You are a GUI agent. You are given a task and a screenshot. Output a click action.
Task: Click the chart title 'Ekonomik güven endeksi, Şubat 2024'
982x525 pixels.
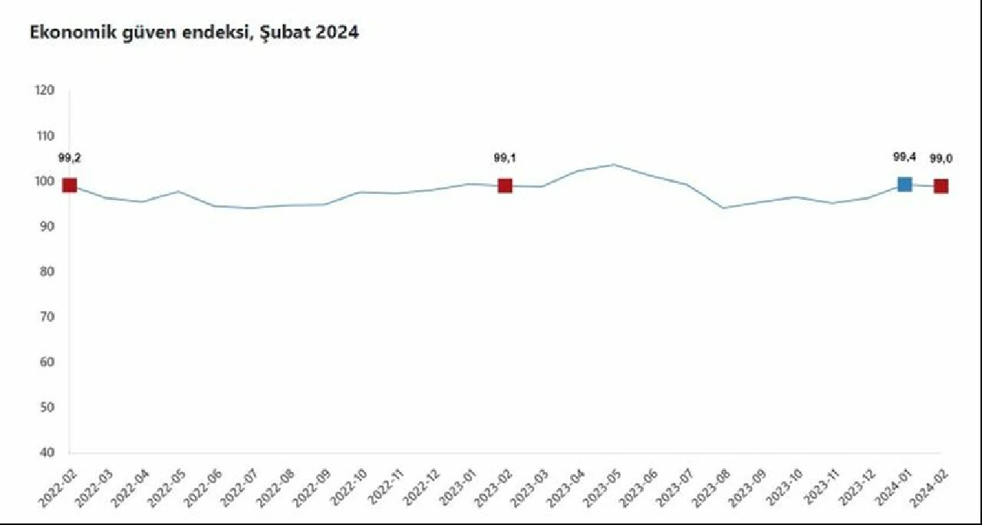194,33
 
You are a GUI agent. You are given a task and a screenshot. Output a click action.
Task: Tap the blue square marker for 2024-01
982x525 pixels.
905,184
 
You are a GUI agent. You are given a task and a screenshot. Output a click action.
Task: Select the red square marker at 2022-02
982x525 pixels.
70,185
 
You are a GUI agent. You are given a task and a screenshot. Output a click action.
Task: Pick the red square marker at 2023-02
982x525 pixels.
505,185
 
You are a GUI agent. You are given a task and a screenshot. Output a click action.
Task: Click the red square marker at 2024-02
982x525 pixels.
941,186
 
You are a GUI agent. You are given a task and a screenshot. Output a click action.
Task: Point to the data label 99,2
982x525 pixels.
70,158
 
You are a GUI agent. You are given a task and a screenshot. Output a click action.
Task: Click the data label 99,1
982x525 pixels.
504,158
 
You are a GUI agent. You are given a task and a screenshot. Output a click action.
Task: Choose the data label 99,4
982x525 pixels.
905,158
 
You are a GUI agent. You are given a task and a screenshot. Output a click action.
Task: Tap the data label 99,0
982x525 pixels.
941,159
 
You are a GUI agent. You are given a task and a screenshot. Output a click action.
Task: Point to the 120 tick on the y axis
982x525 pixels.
44,90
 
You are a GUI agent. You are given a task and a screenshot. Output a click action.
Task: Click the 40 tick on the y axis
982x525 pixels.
46,452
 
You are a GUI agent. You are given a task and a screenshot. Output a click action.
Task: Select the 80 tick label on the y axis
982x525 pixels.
46,271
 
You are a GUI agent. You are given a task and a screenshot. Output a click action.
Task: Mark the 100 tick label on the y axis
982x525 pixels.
44,181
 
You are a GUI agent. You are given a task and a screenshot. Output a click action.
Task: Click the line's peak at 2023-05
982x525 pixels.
614,165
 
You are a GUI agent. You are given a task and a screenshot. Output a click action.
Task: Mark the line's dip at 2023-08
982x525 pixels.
723,208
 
